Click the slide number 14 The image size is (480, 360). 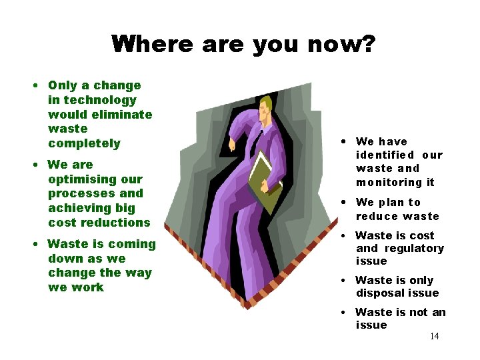pyautogui.click(x=434, y=336)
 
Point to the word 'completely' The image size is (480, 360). pyautogui.click(x=84, y=143)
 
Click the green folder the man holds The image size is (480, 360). pyautogui.click(x=265, y=180)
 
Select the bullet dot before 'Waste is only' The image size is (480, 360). pyautogui.click(x=341, y=281)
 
